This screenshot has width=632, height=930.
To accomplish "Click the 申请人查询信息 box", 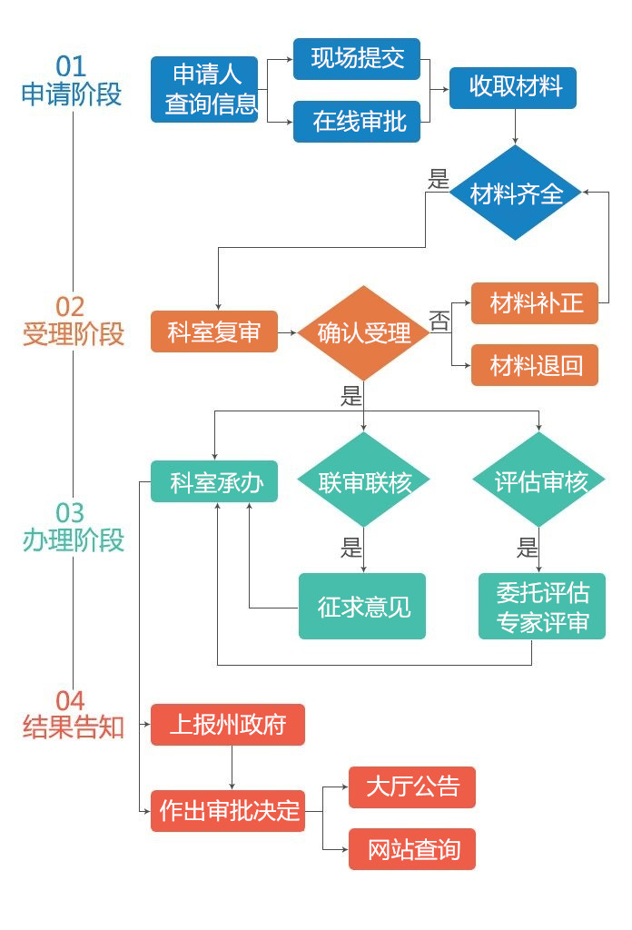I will (204, 89).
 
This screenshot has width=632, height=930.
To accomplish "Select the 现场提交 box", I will (356, 59).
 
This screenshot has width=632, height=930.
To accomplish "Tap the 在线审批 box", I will (356, 121).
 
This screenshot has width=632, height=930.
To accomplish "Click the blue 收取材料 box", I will (513, 88).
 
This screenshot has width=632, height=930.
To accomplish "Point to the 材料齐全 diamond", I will (516, 193).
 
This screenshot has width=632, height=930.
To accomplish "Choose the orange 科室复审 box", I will (213, 332).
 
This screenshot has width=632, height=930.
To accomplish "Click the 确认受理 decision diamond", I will (363, 332).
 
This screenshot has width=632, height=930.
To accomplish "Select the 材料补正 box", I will (534, 302).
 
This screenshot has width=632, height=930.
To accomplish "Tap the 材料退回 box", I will (534, 365).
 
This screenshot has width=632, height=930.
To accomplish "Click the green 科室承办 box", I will (213, 481).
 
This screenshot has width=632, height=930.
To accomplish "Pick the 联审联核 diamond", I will (363, 481).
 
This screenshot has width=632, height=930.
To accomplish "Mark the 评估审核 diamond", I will (539, 481).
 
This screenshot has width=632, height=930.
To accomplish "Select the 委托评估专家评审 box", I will (542, 606).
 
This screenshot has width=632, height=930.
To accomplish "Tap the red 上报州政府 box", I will (227, 725).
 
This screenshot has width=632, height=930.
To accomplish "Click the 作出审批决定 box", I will (227, 809).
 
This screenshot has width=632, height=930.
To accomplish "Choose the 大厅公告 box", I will (411, 787).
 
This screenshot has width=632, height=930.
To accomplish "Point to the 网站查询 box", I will (411, 849).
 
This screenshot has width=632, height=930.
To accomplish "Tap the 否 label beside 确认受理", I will (439, 321).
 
